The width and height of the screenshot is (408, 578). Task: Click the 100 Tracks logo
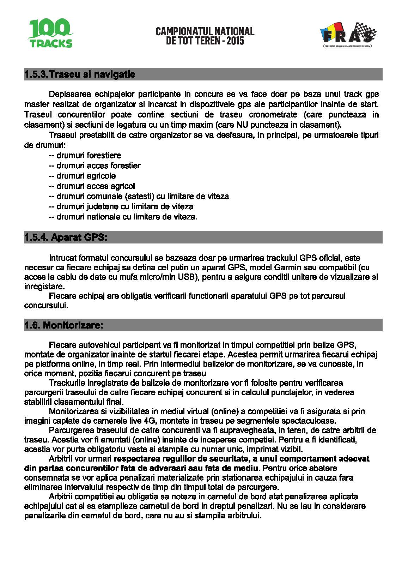click(x=50, y=34)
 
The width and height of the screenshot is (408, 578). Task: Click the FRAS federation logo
click(x=348, y=35)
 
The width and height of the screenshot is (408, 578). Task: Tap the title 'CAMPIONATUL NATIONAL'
click(x=205, y=31)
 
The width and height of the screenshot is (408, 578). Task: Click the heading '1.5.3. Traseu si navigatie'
click(x=80, y=74)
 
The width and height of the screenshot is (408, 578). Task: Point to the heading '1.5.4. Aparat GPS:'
click(x=66, y=237)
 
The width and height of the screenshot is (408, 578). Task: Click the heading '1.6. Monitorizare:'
click(x=64, y=325)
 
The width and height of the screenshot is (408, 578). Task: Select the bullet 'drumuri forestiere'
click(x=89, y=155)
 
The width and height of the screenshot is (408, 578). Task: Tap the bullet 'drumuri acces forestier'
click(x=98, y=165)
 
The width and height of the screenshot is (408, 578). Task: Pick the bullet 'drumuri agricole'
click(x=86, y=176)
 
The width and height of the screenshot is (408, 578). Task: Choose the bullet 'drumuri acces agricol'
click(x=96, y=186)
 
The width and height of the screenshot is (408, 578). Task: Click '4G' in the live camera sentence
click(x=149, y=421)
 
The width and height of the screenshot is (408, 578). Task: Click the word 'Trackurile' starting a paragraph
click(x=67, y=383)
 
